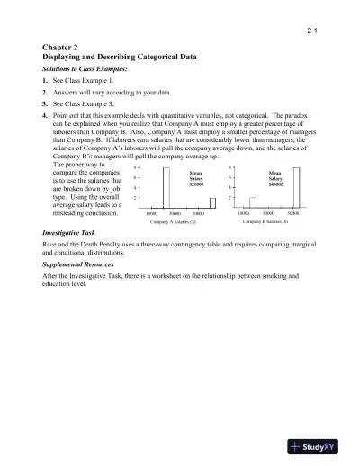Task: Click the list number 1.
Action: pyautogui.click(x=45, y=80)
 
